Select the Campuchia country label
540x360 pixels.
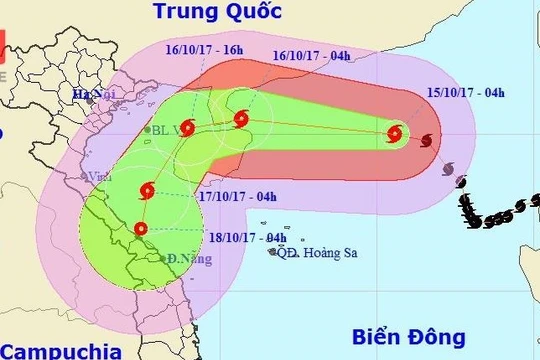(x=60, y=351)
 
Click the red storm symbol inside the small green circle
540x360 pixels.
(x=394, y=133)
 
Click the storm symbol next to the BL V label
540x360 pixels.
(x=189, y=126)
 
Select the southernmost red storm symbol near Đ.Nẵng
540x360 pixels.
(x=139, y=229)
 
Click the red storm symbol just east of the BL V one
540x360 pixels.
(x=240, y=120)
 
